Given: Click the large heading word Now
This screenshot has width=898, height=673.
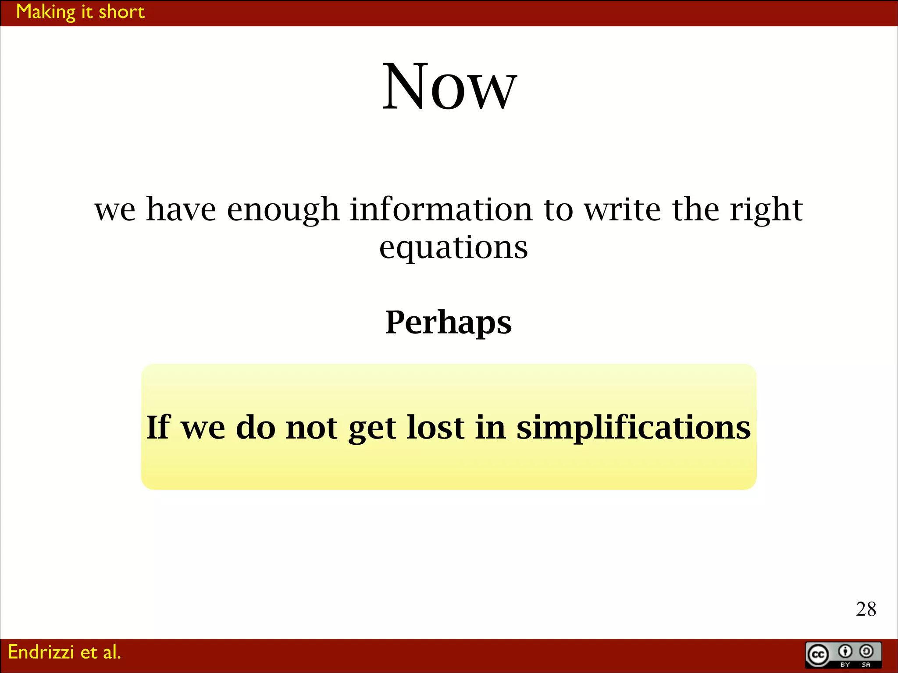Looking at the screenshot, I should click(x=449, y=87).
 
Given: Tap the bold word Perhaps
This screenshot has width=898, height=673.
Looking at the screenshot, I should click(x=448, y=323).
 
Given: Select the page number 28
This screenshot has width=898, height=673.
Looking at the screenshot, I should click(x=866, y=609).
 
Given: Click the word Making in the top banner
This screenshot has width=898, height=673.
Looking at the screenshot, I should click(x=46, y=12).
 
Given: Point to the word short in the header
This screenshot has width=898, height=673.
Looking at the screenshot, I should click(x=121, y=12).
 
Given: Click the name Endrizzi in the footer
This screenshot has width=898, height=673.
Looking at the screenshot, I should click(x=41, y=652).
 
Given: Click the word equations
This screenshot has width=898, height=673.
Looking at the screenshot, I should click(x=453, y=248).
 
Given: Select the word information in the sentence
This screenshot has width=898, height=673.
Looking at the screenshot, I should click(x=441, y=209).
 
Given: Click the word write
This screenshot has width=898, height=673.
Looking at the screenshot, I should click(x=622, y=209).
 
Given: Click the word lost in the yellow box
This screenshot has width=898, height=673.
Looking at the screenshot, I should click(x=435, y=427).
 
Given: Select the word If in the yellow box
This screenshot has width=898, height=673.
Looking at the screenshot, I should click(x=158, y=427).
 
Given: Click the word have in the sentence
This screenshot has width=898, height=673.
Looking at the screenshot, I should click(x=181, y=209).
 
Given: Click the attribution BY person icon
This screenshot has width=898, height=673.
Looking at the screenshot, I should click(x=845, y=652).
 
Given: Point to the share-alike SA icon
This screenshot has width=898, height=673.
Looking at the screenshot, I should click(x=866, y=652).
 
